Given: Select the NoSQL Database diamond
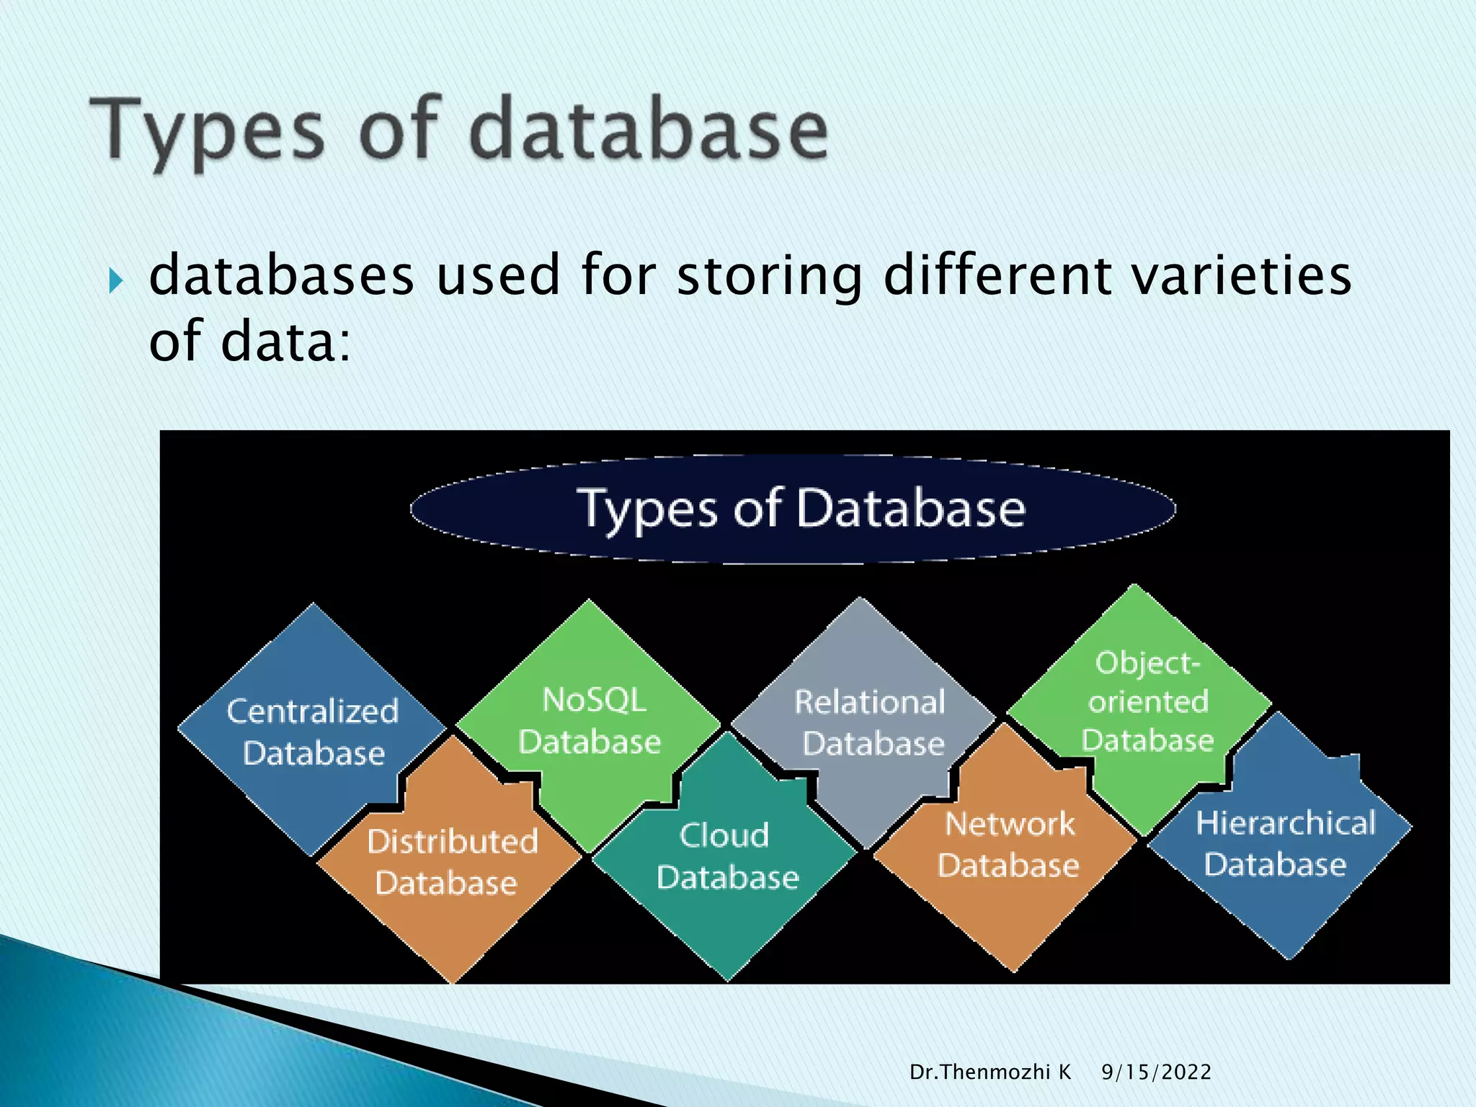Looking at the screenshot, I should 590,721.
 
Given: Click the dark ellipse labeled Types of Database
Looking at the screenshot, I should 793,509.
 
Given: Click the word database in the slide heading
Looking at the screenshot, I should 649,130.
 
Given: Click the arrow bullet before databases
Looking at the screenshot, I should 115,280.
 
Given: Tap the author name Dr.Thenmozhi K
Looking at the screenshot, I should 990,1072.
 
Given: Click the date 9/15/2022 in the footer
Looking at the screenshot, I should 1156,1072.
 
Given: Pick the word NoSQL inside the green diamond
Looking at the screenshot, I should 594,700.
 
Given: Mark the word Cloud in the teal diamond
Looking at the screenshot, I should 724,835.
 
